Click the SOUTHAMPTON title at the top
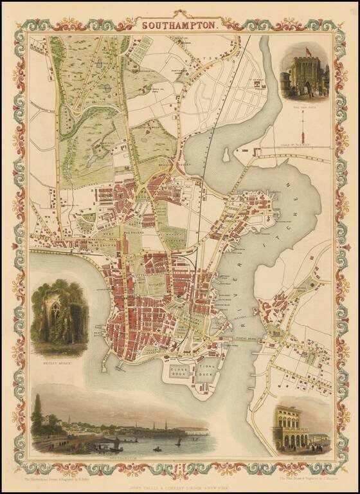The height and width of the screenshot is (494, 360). [x=179, y=26]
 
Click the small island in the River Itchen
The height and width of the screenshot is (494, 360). [x=226, y=155]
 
